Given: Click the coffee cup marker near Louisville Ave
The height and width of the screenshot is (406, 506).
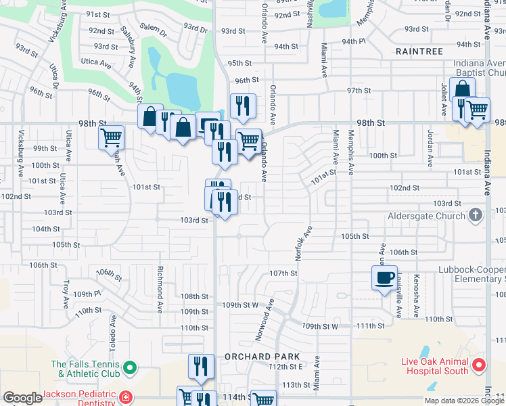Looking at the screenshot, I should click(x=384, y=277).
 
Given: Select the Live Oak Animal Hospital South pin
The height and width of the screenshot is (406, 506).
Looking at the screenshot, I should click(x=479, y=366).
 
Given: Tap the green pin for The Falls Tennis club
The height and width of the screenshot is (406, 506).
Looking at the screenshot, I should click(x=131, y=369).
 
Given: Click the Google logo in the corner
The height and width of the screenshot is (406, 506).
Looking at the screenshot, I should click(x=22, y=398).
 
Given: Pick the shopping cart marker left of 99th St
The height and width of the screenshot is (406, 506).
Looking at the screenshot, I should click(x=111, y=138).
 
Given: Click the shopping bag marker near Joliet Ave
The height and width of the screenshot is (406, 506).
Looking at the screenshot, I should click(x=462, y=90).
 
